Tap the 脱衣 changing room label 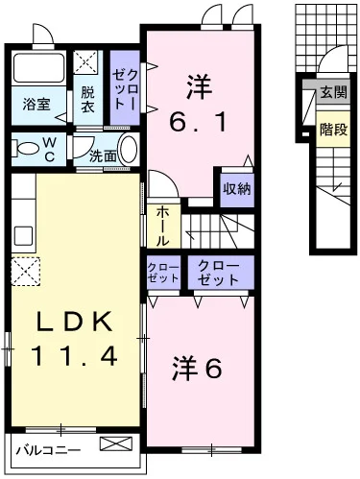[x=87, y=100]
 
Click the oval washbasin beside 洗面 [x=129, y=152]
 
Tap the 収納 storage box [x=236, y=188]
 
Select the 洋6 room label [x=199, y=368]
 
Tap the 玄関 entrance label [x=333, y=92]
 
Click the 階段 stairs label [x=333, y=129]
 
